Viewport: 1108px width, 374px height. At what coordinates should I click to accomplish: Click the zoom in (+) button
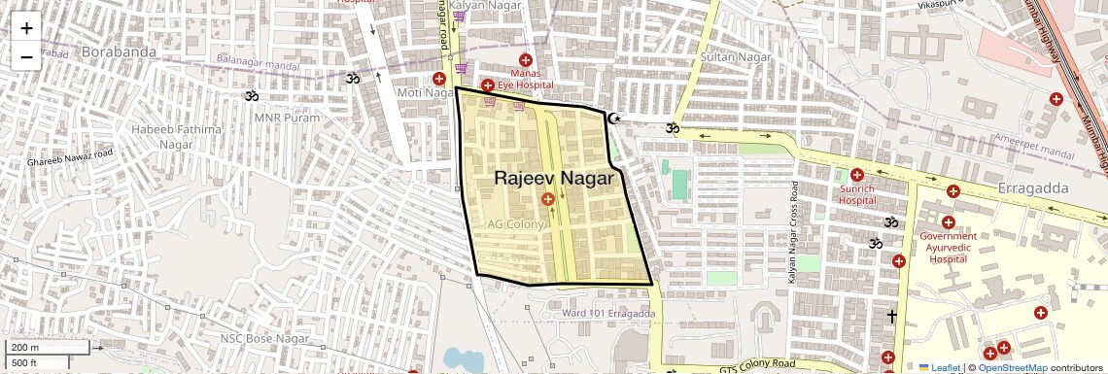[x=26, y=28]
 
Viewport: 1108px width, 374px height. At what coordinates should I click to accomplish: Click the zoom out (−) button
[x=26, y=56]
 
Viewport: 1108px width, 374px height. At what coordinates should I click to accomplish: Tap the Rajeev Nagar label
[x=554, y=179]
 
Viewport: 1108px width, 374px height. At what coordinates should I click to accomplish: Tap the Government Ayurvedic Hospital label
[x=947, y=247]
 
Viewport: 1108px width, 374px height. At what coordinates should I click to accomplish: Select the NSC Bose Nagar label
[x=264, y=338]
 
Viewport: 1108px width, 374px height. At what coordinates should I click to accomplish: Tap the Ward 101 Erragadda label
[x=608, y=313]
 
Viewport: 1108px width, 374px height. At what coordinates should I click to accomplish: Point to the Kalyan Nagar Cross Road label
[x=793, y=232]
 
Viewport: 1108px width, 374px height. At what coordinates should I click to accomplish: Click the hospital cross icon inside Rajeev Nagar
[x=548, y=200]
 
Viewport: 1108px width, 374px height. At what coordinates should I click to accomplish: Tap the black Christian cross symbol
[x=891, y=316]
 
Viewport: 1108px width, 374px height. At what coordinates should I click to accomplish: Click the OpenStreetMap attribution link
[x=1012, y=367]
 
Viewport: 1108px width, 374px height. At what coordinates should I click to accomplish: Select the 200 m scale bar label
[x=26, y=348]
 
